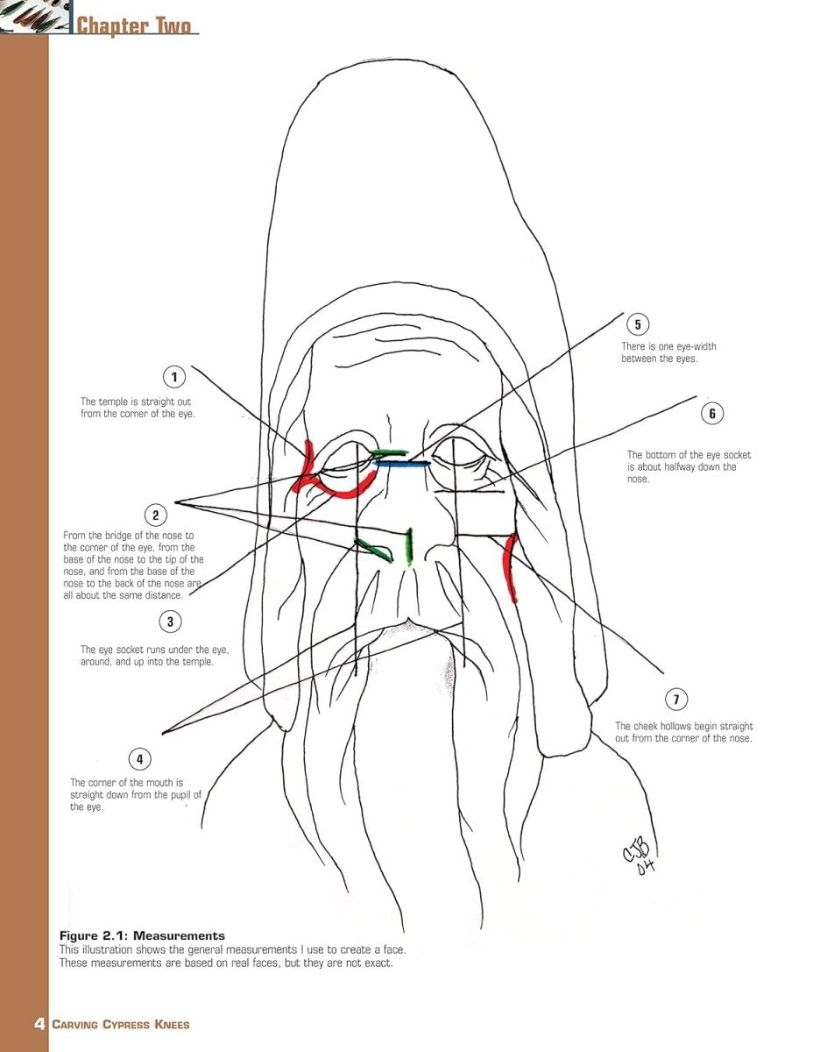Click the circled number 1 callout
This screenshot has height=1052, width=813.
click(x=174, y=376)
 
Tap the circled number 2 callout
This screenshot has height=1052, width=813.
click(x=155, y=515)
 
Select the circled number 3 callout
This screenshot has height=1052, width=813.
click(x=170, y=622)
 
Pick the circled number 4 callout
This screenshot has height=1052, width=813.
click(x=140, y=758)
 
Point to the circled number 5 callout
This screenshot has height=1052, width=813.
click(x=638, y=323)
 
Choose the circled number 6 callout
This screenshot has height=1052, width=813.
click(x=712, y=413)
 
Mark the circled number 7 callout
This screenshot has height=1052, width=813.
click(x=676, y=699)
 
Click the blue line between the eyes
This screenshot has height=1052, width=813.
click(x=401, y=463)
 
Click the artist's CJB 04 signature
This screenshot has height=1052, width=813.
click(x=640, y=857)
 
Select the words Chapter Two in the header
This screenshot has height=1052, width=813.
click(x=134, y=25)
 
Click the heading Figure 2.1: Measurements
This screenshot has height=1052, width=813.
click(x=142, y=935)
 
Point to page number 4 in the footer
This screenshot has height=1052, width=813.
click(x=39, y=1024)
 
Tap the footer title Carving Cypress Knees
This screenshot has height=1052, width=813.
click(x=120, y=1025)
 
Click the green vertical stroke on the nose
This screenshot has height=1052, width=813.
click(x=410, y=546)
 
